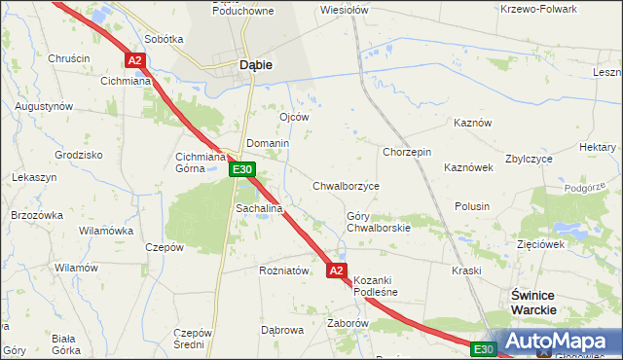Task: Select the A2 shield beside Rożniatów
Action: pyautogui.click(x=337, y=270)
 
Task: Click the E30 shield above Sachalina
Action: pyautogui.click(x=242, y=170)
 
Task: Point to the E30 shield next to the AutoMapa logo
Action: pyautogui.click(x=484, y=348)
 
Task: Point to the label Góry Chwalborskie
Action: pyautogui.click(x=379, y=222)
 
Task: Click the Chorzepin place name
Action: pyautogui.click(x=407, y=152)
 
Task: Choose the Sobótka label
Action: pyautogui.click(x=164, y=40)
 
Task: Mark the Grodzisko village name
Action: pyautogui.click(x=80, y=155)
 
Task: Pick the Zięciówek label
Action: pyautogui.click(x=541, y=244)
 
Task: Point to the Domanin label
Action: pyautogui.click(x=268, y=143)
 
